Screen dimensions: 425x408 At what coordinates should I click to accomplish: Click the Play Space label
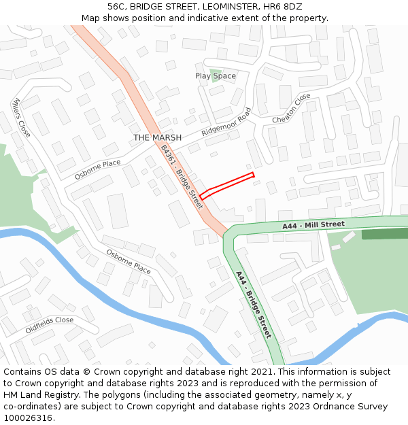coord(216,76)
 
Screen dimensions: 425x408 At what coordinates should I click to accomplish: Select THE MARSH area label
coord(157,137)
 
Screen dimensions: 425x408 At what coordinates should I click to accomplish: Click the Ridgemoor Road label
coord(226,122)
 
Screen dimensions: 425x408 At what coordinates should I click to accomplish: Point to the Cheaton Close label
coord(291,108)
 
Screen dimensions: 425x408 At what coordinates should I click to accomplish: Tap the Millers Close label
coord(20,117)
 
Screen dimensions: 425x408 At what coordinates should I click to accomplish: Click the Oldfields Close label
coord(50,325)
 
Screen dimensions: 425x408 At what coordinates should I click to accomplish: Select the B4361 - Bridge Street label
coord(182,179)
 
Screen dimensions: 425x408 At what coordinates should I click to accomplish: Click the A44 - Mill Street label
coord(313,224)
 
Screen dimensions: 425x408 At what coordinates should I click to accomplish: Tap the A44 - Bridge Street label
coord(254,305)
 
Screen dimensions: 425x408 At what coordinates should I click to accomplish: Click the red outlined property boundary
coord(227,185)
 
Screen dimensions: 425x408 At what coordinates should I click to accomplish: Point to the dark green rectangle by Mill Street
coord(384,234)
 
